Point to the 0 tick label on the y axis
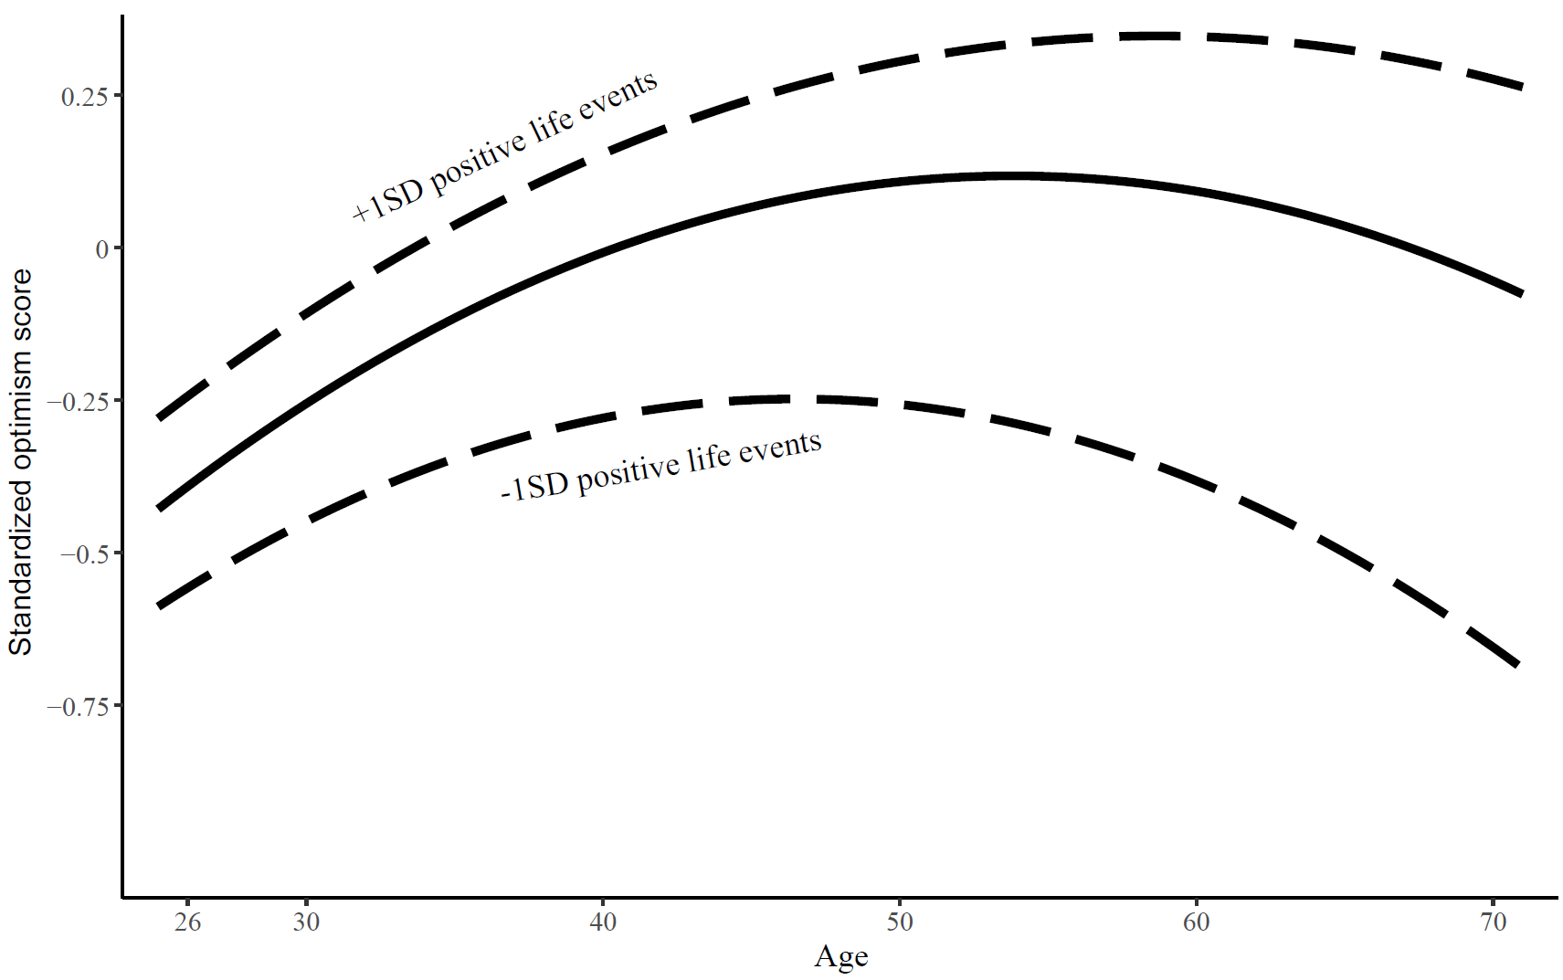click(x=101, y=249)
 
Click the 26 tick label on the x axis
click(x=187, y=922)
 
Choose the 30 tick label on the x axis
click(x=306, y=922)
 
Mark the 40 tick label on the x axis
click(x=603, y=922)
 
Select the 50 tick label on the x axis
click(x=900, y=922)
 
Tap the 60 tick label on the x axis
click(x=1196, y=922)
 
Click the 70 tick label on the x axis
click(x=1493, y=922)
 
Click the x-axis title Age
click(x=840, y=956)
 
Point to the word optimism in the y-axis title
click(x=20, y=429)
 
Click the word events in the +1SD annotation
click(x=622, y=97)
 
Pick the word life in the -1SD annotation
click(x=709, y=458)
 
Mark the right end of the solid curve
click(x=1521, y=294)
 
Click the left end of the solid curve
click(x=159, y=508)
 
